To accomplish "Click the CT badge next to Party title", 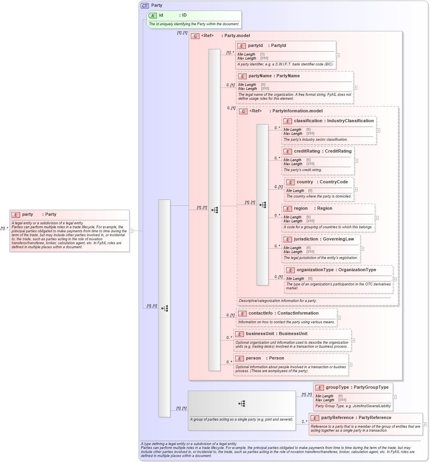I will (145, 6).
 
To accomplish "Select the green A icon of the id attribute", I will (153, 15).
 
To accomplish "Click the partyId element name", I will (255, 46).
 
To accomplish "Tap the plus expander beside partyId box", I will (338, 55).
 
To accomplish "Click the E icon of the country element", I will (290, 182).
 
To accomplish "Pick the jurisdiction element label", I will (306, 239).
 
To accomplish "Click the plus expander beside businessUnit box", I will (353, 340).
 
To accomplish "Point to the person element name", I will (253, 358).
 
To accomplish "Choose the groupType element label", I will (337, 387).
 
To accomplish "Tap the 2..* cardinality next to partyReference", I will (304, 422).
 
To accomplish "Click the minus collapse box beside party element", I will (131, 231).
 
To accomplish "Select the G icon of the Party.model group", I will (195, 36).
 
